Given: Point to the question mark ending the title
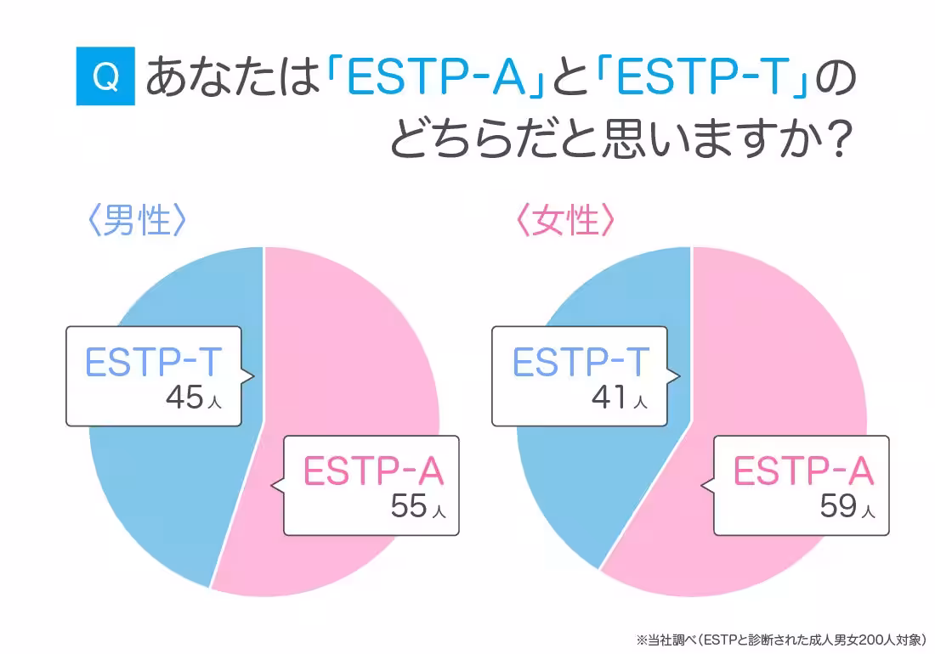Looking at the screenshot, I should pyautogui.click(x=838, y=139).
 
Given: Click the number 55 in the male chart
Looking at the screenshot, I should pyautogui.click(x=408, y=506).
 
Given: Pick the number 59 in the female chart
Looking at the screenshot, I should pyautogui.click(x=837, y=506).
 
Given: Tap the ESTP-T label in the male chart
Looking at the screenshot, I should pyautogui.click(x=154, y=363).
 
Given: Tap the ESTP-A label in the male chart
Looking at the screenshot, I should pyautogui.click(x=374, y=471).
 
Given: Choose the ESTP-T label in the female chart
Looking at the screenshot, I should pyautogui.click(x=581, y=363).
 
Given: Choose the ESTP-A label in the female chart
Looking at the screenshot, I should pyautogui.click(x=803, y=471).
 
